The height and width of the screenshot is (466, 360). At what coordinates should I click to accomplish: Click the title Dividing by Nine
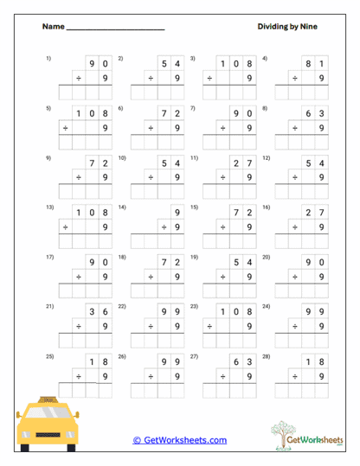287,27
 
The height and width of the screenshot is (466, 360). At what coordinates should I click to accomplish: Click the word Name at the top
53,27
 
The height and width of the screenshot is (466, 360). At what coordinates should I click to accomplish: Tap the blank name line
115,29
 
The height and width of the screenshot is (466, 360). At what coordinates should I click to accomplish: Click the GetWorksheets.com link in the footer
179,440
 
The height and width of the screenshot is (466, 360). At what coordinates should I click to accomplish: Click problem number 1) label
48,58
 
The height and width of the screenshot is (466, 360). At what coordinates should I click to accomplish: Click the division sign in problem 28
295,377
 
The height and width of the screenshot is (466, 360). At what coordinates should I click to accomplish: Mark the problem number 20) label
267,258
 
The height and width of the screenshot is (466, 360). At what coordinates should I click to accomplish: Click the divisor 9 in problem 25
106,377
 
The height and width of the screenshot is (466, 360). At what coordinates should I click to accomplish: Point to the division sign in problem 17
78,277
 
